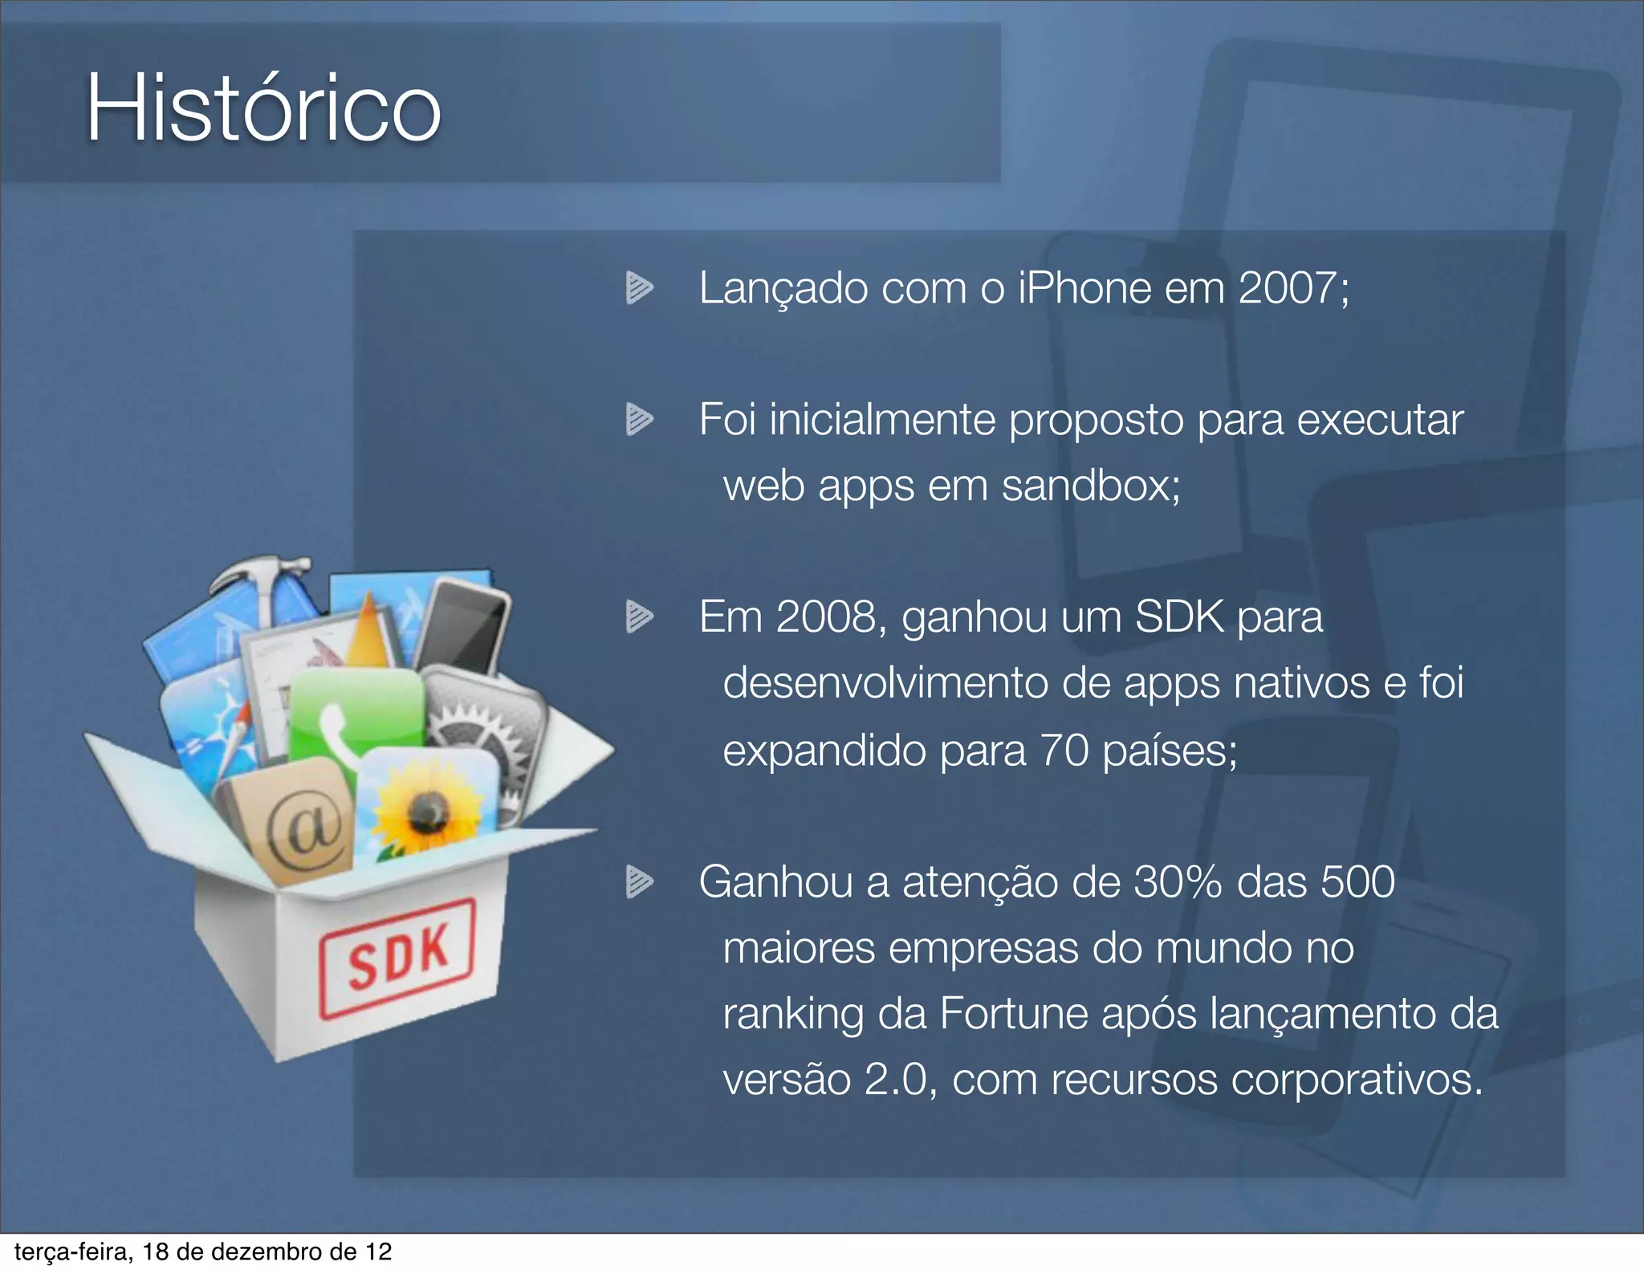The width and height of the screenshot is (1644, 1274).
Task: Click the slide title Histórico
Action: [263, 108]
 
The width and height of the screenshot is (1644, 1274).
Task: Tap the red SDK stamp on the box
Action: [398, 957]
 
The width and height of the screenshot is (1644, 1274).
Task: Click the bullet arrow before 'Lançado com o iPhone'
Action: [639, 288]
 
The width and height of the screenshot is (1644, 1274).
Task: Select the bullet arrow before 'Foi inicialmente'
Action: [639, 420]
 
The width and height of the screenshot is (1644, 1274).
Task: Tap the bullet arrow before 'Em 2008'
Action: [639, 617]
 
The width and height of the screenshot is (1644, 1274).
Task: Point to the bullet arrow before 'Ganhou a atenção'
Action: [639, 882]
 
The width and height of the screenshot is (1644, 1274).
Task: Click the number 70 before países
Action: [1064, 751]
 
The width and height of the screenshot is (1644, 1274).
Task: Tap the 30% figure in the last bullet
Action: [1177, 882]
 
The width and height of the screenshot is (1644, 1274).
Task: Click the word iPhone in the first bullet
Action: [1084, 288]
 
